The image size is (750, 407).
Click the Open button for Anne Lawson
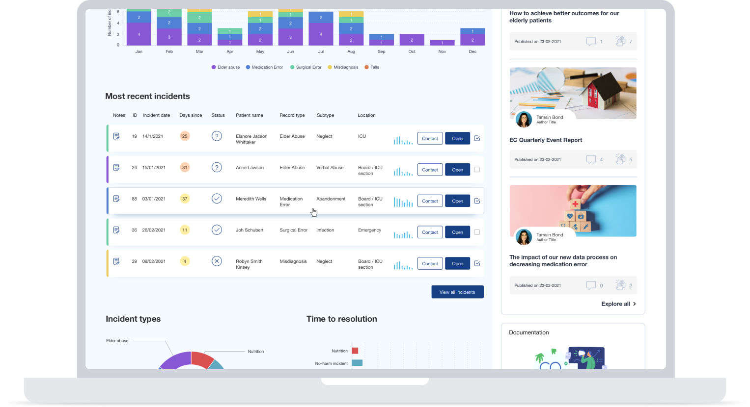point(457,170)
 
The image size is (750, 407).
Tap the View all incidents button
point(457,292)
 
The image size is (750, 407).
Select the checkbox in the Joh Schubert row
point(477,232)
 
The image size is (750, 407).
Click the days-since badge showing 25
point(185,136)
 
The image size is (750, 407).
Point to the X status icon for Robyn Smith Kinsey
point(217,261)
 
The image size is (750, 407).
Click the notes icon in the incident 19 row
point(116,136)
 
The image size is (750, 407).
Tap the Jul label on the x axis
point(321,51)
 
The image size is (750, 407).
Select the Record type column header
point(292,115)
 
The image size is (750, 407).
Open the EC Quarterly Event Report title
point(546,140)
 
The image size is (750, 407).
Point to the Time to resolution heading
point(341,319)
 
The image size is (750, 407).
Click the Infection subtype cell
point(325,230)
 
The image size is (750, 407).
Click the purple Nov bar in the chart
point(442,43)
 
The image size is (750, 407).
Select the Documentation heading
point(528,332)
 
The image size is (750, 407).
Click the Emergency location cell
point(369,230)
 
